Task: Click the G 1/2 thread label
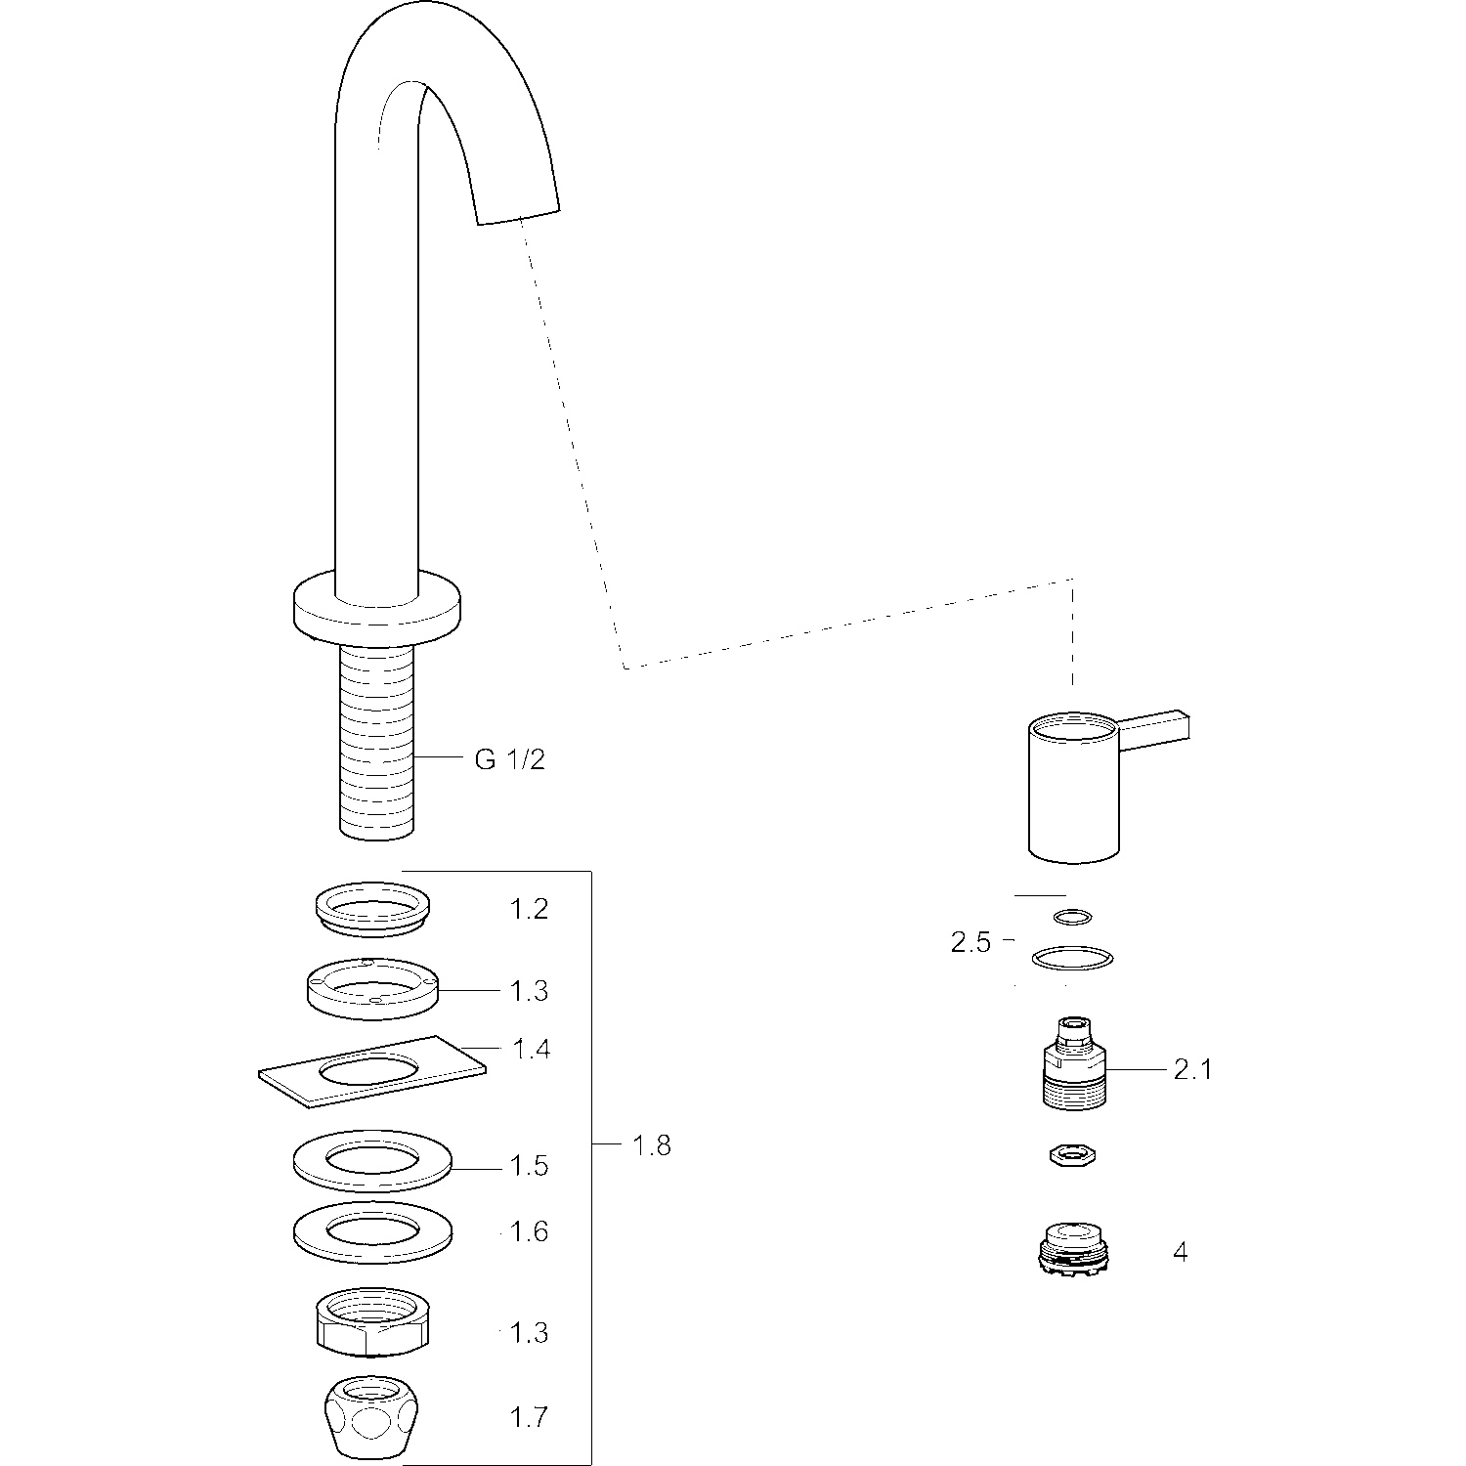click(509, 759)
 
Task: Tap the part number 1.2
click(529, 910)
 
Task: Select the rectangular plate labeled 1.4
click(371, 1072)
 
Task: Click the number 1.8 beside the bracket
click(652, 1144)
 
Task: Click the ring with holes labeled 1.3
click(371, 989)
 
